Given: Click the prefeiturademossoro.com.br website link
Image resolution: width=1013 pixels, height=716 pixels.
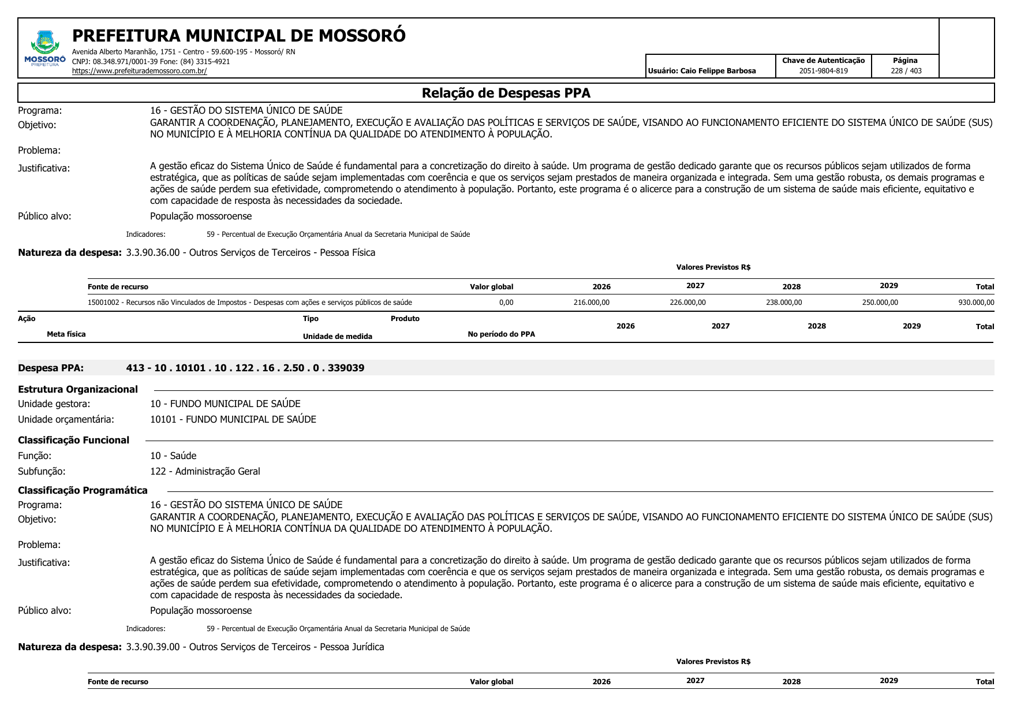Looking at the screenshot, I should click(x=139, y=71).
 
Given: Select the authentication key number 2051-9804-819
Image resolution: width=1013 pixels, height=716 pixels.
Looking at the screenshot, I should click(x=823, y=71).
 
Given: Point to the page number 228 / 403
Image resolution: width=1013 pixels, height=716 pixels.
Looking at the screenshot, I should click(x=906, y=71).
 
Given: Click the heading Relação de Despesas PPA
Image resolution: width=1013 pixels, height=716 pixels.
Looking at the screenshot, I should click(x=506, y=93).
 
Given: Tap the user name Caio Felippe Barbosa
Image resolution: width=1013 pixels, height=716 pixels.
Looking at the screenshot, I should click(x=717, y=71).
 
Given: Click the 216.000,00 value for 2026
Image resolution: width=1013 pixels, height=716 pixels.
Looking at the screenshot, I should click(x=591, y=303).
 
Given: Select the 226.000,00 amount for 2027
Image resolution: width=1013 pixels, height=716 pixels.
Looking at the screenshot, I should click(x=687, y=303).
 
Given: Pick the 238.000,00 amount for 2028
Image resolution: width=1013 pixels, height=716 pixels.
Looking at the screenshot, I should click(x=783, y=303).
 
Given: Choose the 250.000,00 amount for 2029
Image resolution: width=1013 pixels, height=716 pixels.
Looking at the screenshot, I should click(x=880, y=303).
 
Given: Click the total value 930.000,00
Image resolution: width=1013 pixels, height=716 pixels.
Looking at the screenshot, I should click(x=976, y=303).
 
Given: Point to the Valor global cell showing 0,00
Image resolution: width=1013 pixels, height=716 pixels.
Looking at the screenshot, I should click(x=506, y=303).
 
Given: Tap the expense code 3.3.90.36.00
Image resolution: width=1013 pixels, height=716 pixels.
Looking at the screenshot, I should click(x=153, y=252).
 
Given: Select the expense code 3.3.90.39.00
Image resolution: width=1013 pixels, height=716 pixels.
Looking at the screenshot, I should click(x=153, y=647).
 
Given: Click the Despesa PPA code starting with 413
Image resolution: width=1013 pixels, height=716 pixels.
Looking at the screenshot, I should click(x=245, y=368).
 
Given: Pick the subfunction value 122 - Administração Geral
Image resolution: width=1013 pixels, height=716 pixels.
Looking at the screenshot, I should click(x=205, y=471).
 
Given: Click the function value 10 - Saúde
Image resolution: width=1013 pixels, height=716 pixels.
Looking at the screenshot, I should click(x=173, y=456).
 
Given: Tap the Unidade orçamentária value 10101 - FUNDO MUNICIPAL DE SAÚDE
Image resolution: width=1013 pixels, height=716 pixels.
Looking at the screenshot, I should click(x=233, y=419).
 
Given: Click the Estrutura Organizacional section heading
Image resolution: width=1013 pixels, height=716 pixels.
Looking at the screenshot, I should click(x=78, y=389).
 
